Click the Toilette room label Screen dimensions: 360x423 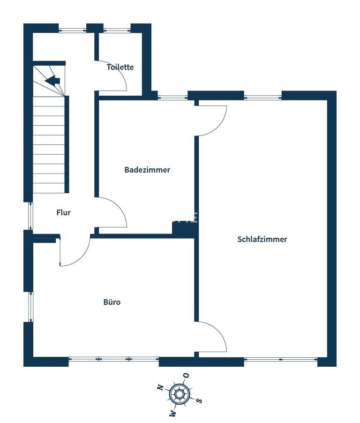120,67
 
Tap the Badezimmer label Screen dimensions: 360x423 147,170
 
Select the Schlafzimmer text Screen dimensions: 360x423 262,239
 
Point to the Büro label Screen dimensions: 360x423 112,302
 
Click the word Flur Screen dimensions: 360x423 64,212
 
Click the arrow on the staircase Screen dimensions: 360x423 52,80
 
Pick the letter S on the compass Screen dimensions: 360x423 199,400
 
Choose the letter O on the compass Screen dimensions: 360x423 186,375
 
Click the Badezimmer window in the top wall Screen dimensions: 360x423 172,97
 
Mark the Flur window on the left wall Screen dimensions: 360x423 30,216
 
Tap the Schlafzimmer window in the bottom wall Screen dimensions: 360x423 281,359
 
